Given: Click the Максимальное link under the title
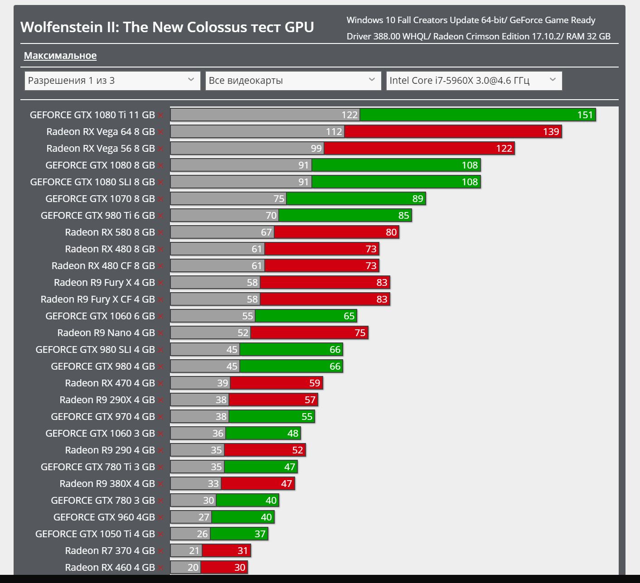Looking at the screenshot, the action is [60, 56].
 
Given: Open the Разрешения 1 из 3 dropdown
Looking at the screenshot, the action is [112, 81].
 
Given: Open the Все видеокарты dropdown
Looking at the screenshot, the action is [293, 81].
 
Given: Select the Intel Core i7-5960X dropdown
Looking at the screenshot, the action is [474, 81].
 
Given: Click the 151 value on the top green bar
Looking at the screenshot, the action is [585, 115].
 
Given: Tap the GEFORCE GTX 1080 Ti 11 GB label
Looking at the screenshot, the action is [92, 115].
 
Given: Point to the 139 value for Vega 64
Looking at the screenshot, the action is [551, 132].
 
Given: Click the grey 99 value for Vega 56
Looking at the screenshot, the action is [316, 148].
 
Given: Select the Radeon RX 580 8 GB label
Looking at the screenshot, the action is [110, 232].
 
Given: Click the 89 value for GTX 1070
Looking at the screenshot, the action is [417, 199].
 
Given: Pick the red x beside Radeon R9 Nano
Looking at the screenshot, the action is [160, 333].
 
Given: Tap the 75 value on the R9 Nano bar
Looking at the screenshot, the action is [360, 333].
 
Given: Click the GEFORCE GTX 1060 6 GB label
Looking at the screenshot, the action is [100, 316].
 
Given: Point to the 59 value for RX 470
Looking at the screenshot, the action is [315, 383].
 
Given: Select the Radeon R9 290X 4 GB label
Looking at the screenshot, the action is [107, 400].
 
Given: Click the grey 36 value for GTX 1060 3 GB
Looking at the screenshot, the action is [218, 434].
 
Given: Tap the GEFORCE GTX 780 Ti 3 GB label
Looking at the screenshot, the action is [97, 467].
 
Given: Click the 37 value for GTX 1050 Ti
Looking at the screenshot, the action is [260, 534].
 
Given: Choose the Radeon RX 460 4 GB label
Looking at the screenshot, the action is [110, 568].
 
